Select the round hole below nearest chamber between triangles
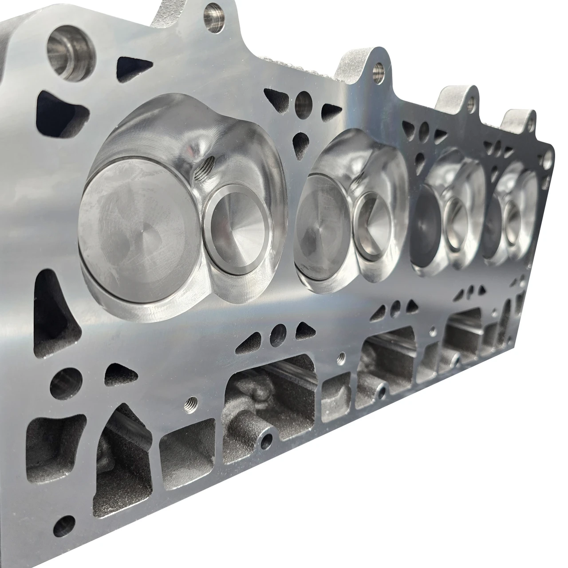[278, 331]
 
